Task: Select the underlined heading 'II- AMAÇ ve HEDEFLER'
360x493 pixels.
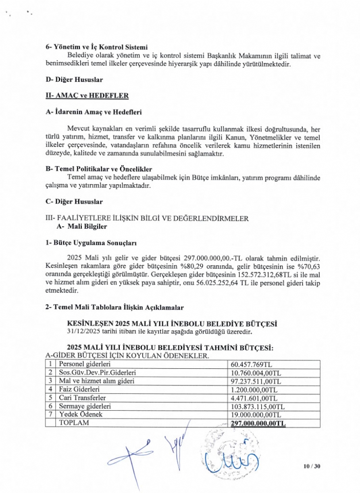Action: click(x=80, y=95)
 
